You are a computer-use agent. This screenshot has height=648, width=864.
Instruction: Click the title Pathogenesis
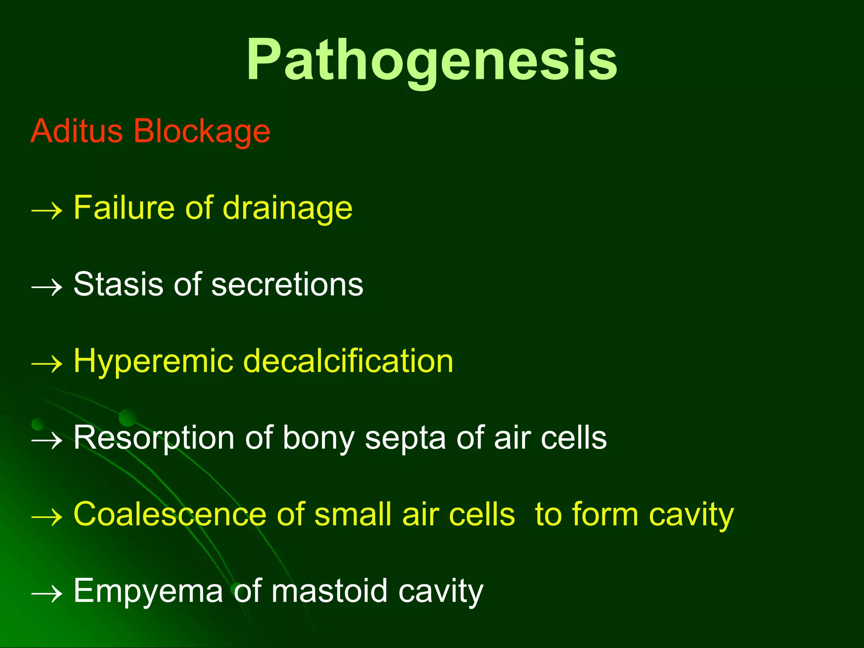point(432,60)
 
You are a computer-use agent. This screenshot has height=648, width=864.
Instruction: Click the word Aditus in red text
point(76,131)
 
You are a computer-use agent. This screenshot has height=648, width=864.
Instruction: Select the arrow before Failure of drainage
point(47,210)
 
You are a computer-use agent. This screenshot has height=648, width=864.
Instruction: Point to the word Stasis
point(118,284)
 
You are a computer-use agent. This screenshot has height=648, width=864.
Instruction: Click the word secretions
point(287,285)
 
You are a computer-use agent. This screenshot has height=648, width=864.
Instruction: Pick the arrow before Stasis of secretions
point(47,287)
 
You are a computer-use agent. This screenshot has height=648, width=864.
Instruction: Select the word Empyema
point(148,592)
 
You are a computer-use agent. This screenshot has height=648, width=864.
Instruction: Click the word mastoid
point(329,591)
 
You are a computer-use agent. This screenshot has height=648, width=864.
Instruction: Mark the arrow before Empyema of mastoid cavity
point(47,594)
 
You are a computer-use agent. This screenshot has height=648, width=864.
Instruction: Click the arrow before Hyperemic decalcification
point(47,364)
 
